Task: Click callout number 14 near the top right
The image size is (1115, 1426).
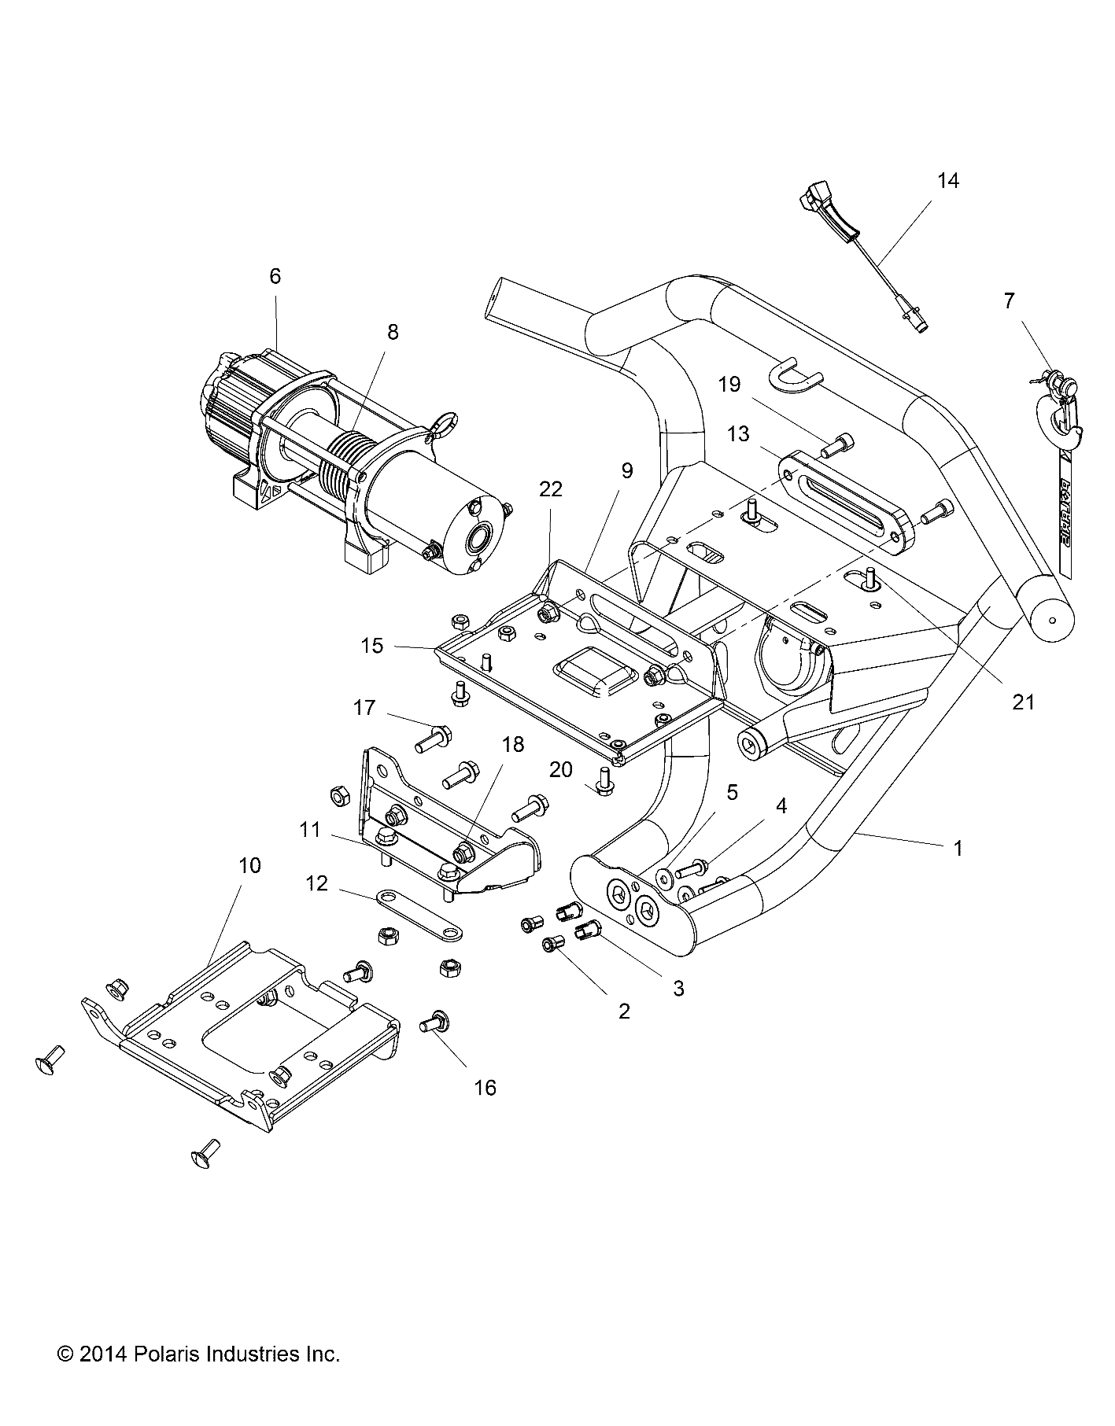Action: coord(948,180)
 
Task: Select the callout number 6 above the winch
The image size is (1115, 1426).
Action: coord(275,276)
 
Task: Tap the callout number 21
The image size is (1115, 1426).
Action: coord(1023,702)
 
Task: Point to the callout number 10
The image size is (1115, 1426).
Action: coord(249,865)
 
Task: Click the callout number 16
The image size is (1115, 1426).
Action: coord(486,1088)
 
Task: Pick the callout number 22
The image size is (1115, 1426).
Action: coord(551,488)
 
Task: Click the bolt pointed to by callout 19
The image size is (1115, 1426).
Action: coord(836,446)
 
